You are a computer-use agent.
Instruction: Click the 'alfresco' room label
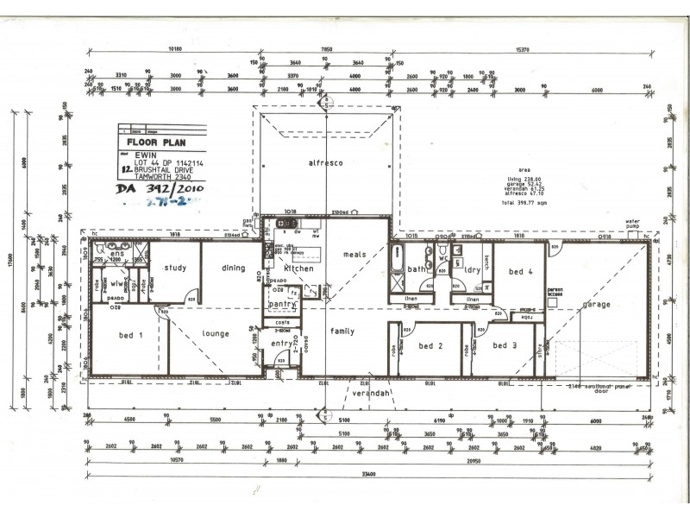click(x=326, y=162)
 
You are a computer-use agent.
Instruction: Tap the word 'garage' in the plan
click(x=596, y=305)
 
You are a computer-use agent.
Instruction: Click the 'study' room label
click(x=175, y=268)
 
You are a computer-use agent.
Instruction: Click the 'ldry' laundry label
click(x=471, y=271)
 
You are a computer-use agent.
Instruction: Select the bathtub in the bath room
click(x=398, y=269)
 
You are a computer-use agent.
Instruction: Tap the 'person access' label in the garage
click(x=555, y=294)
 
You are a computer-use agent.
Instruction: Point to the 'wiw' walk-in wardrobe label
click(x=114, y=282)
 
